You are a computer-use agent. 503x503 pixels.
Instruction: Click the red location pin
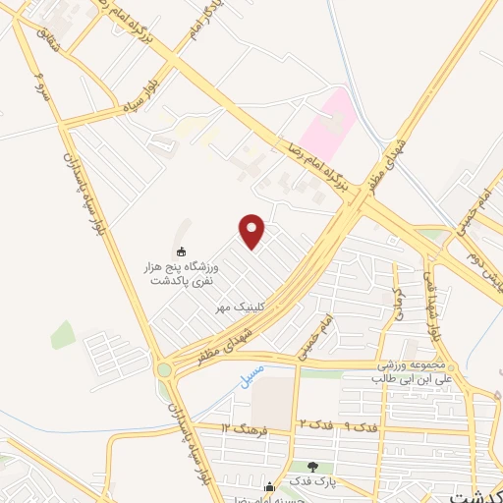[x=253, y=230]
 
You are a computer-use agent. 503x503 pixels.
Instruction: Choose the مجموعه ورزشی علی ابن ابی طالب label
[x=412, y=370]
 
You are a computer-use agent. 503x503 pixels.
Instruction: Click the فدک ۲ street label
[x=308, y=423]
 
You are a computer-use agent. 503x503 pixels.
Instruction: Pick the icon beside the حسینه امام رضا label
[x=268, y=485]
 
